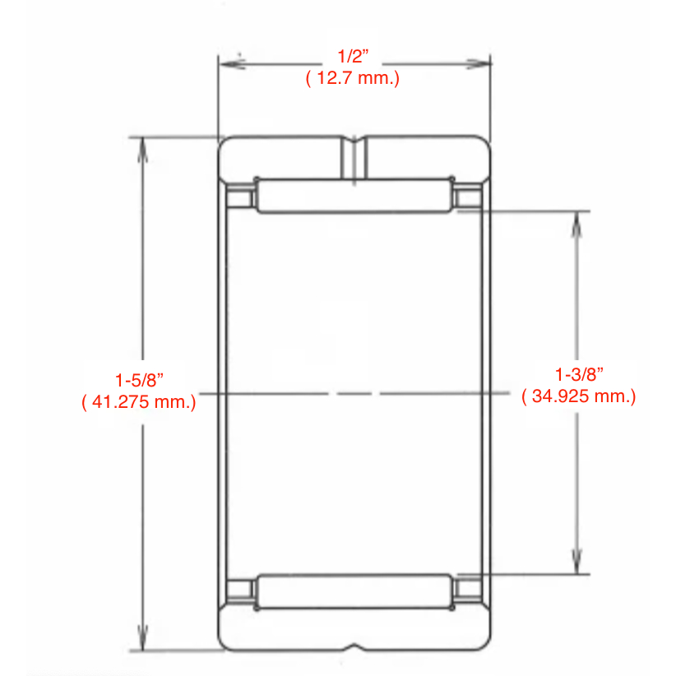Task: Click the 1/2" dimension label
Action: [x=353, y=57]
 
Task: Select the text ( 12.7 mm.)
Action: [x=353, y=78]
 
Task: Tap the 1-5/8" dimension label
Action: [x=139, y=380]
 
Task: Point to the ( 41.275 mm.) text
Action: [x=139, y=402]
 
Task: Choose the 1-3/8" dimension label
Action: [x=579, y=375]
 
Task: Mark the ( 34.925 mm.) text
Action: [x=579, y=396]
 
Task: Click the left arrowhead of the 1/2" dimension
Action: [x=233, y=64]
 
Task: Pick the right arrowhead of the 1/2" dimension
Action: [x=477, y=64]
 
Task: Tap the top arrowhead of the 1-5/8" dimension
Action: [x=143, y=150]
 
